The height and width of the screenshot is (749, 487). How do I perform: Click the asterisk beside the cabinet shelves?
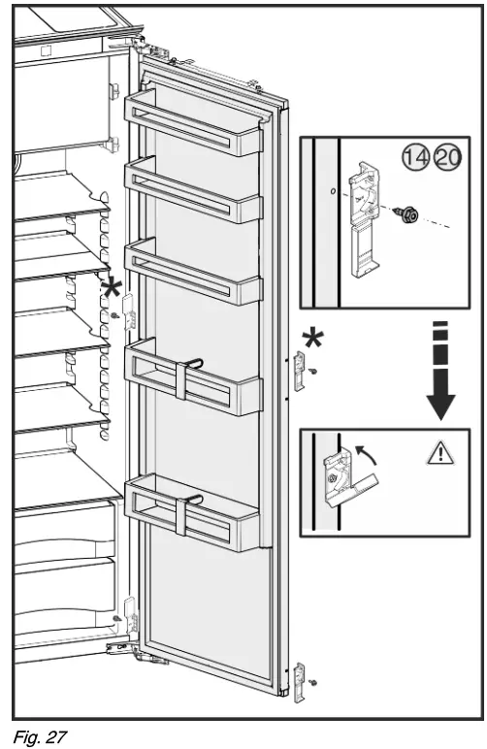114,287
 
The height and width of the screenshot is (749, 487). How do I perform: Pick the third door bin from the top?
193,274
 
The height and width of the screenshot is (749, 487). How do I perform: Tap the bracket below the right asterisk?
300,373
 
